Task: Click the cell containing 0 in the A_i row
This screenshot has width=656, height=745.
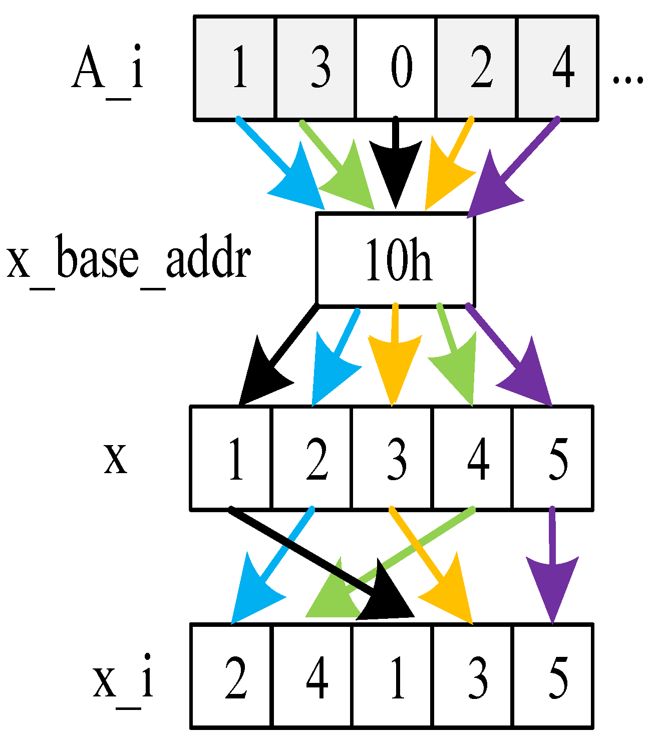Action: [396, 68]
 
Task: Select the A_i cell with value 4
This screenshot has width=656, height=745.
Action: [557, 68]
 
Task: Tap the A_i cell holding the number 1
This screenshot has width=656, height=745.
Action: [235, 68]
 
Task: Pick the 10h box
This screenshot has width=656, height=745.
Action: [396, 259]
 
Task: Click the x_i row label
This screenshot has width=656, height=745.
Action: [123, 681]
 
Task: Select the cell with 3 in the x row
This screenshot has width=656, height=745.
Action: [392, 458]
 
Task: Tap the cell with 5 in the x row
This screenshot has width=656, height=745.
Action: [553, 458]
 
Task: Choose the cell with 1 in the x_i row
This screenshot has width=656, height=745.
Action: [392, 676]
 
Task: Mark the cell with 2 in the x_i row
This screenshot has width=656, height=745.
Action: [232, 676]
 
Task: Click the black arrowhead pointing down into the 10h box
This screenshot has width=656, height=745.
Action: [396, 170]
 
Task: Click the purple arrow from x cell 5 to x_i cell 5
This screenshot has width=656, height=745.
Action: [553, 566]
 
